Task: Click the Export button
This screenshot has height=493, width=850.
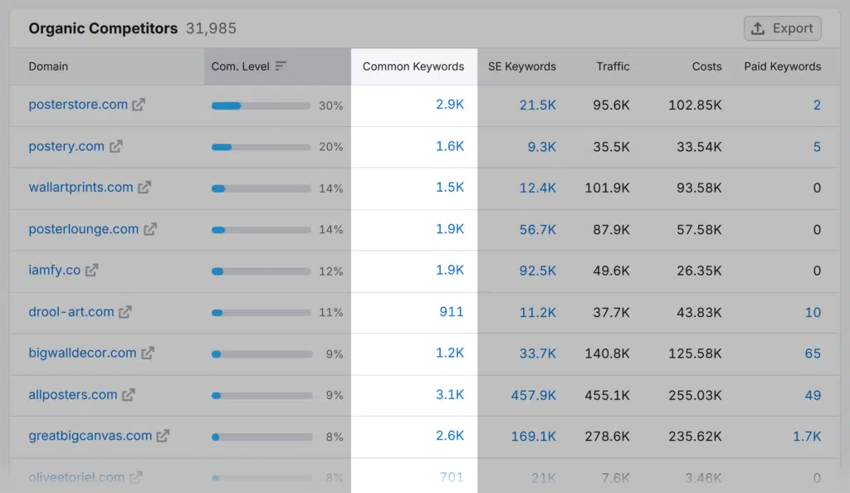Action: point(782,28)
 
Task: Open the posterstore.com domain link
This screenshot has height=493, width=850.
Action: point(78,105)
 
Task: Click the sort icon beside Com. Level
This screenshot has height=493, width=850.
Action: point(281,66)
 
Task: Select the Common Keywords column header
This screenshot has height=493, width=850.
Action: point(413,66)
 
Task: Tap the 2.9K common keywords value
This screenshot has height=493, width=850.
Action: point(450,105)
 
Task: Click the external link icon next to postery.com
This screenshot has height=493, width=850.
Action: point(116,146)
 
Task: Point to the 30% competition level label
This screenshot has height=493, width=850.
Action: point(330,105)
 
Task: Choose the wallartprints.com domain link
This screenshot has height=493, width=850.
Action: point(81,188)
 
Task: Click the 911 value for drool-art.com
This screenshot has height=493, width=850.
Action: point(452,312)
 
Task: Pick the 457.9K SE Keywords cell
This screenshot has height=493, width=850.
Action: point(533,395)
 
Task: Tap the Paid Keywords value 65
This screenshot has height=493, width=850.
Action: point(813,354)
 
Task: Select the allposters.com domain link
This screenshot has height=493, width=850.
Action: point(72,395)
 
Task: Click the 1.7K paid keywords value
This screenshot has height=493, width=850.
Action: point(806,436)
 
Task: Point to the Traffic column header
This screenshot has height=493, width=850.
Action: point(613,66)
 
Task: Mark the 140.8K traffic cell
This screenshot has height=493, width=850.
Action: point(607,354)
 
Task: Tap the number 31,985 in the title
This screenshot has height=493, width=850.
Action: point(211,28)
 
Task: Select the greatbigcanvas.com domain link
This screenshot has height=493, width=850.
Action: point(90,436)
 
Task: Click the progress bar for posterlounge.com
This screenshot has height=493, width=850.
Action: point(261,230)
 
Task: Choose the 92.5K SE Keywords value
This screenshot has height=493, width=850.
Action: point(538,271)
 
